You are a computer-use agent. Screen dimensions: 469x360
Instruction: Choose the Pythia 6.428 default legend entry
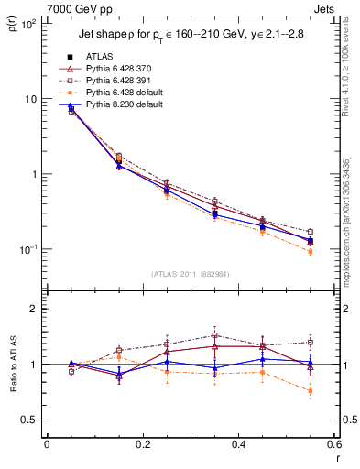(x=125, y=93)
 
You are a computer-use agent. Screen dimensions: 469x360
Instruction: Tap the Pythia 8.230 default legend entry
(x=125, y=106)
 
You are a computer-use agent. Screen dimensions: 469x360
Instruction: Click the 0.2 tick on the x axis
(x=142, y=444)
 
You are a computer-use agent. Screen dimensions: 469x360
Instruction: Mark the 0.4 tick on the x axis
(x=237, y=444)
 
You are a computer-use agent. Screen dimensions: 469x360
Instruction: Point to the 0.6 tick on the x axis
(x=332, y=444)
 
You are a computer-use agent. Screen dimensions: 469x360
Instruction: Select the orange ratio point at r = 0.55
(x=310, y=391)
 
